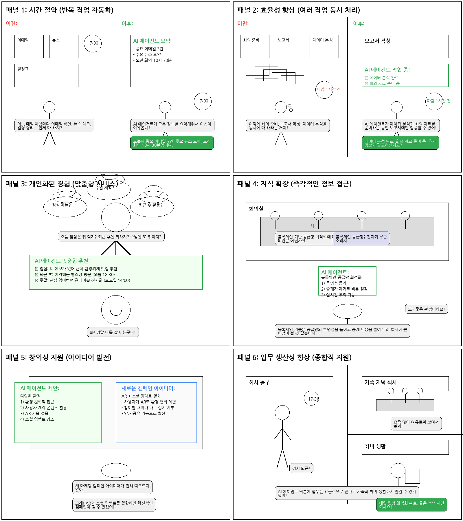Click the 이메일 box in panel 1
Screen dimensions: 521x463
[29, 46]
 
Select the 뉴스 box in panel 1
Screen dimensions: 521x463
[64, 46]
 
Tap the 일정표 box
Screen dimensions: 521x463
[46, 75]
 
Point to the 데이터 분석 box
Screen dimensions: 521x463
[324, 46]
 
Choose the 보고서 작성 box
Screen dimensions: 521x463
[405, 46]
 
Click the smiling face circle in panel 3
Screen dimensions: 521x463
[116, 310]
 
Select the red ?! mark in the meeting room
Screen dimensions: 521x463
[312, 226]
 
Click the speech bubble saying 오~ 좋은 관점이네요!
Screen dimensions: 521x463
[426, 309]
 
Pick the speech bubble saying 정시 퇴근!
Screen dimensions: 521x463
[301, 468]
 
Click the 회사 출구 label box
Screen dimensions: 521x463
[289, 384]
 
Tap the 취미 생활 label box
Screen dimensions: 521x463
[405, 447]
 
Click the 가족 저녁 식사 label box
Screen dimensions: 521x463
[405, 384]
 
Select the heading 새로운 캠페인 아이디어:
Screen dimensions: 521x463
[148, 388]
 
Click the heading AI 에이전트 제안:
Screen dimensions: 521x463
[40, 388]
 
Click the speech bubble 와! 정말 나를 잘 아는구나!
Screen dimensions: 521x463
[113, 332]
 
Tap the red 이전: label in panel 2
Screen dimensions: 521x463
[243, 23]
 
